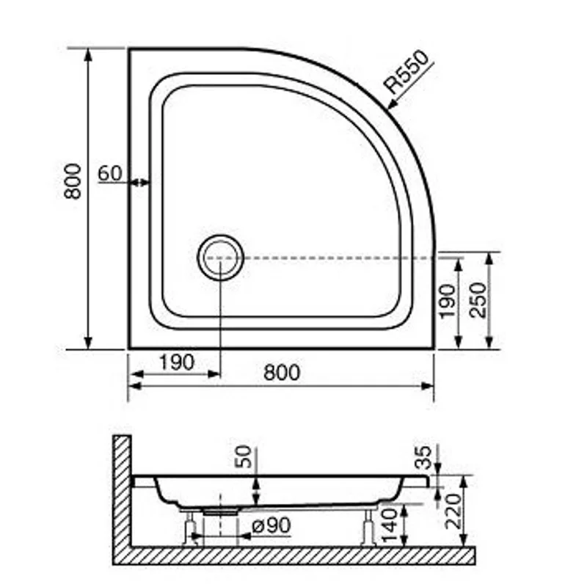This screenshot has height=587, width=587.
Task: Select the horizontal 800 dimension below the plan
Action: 282,373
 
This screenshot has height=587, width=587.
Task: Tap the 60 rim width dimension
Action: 109,173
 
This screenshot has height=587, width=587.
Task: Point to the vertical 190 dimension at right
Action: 447,301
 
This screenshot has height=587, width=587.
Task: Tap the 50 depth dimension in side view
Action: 244,456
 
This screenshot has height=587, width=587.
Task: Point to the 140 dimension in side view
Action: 392,522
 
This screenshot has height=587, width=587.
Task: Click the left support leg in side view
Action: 190,528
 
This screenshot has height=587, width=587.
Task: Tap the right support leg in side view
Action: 370,527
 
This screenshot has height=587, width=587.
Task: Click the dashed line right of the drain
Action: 338,258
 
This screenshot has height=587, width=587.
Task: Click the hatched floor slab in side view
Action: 293,555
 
